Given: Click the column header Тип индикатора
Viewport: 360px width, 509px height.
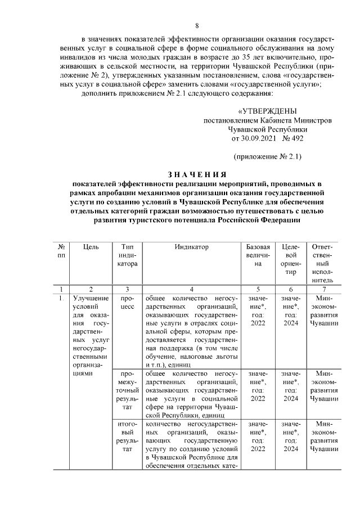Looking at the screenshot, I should (x=126, y=255).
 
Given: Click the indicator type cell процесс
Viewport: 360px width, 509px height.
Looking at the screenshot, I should (x=126, y=302).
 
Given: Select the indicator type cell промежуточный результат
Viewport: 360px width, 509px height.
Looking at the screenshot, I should (x=126, y=390).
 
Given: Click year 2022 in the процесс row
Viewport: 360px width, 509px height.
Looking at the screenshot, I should (x=258, y=323).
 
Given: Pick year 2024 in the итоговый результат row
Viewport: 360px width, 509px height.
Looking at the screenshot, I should (x=291, y=449).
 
